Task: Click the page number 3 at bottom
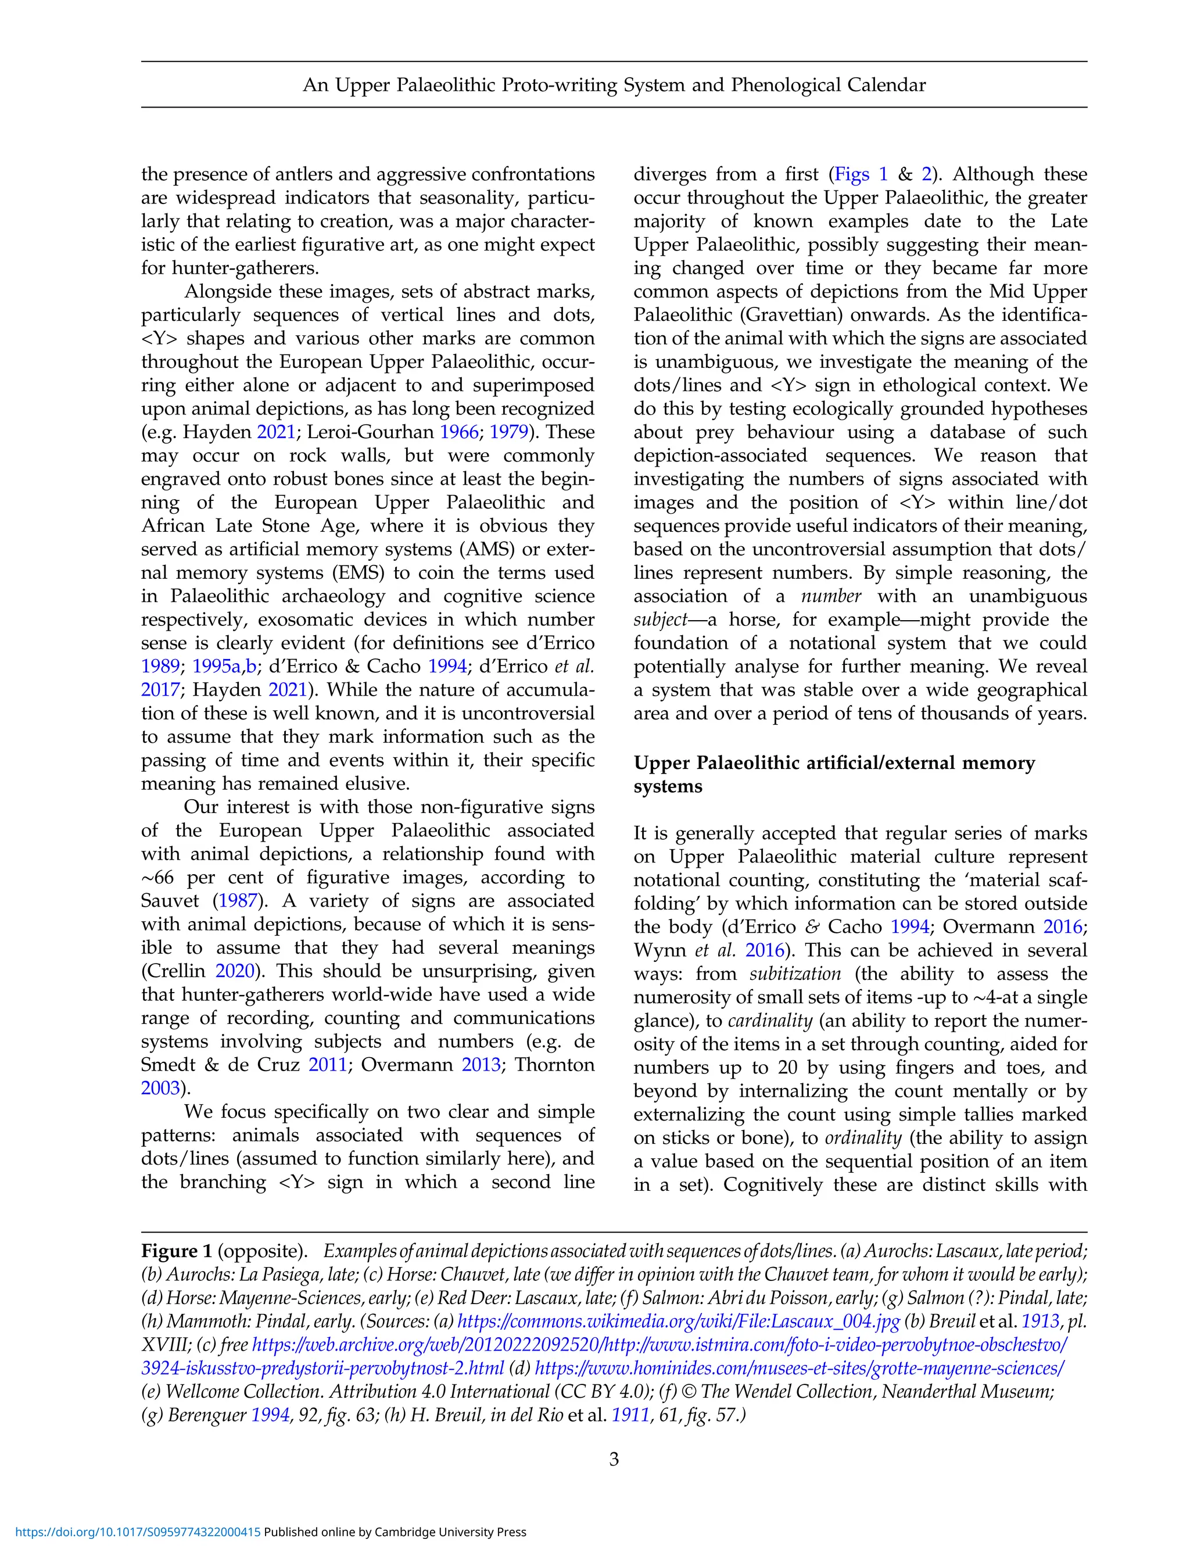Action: tap(614, 1459)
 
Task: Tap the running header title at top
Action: tap(614, 85)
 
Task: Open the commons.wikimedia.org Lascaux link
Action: tap(678, 1321)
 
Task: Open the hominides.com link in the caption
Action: tap(800, 1368)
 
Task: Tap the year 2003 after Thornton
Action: tap(160, 1087)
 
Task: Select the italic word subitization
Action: tap(795, 973)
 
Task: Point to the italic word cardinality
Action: tap(769, 1020)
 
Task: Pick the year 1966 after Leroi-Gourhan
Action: tap(459, 432)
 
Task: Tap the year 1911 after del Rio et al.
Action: tap(630, 1415)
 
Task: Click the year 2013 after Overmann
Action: tap(481, 1064)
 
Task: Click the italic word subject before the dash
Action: tap(660, 620)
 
